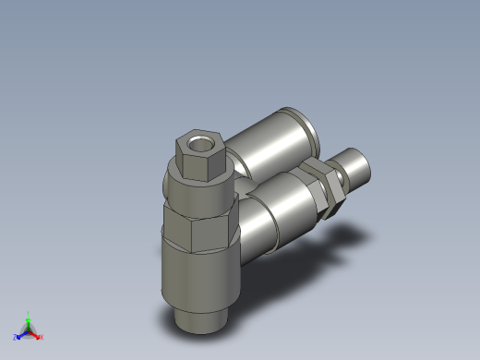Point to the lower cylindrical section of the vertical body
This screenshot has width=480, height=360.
point(194,277)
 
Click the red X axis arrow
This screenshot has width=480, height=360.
point(36,333)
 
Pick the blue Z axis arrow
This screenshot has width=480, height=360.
point(21,333)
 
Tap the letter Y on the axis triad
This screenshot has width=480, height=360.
point(30,313)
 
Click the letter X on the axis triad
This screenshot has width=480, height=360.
point(42,337)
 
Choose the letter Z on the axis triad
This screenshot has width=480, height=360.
point(16,337)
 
